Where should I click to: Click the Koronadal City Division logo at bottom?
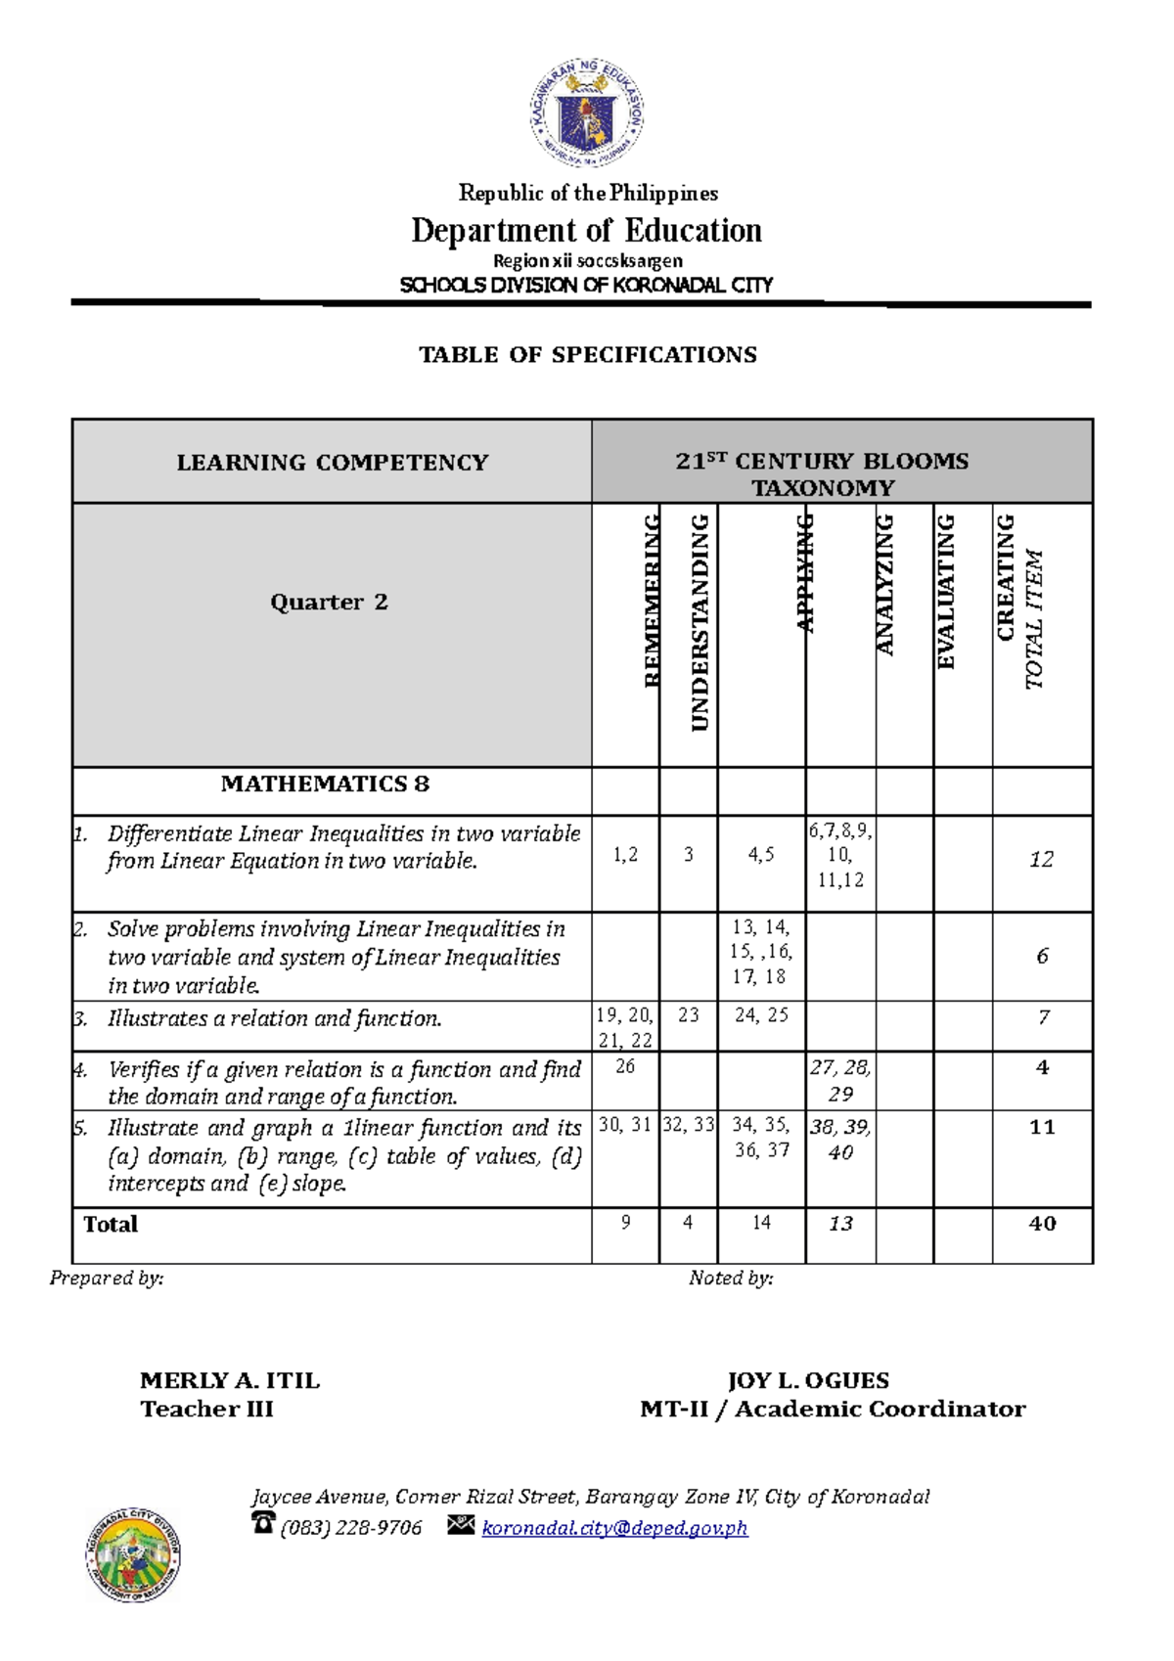(133, 1554)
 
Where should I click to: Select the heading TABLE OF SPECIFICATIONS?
(587, 354)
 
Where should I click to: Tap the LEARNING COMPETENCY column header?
(332, 462)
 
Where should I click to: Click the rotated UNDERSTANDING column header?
(699, 622)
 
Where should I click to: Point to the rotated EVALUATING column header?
(945, 592)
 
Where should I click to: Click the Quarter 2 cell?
(330, 602)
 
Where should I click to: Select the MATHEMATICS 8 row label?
(325, 784)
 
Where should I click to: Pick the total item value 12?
(1041, 859)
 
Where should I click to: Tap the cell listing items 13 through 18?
(761, 952)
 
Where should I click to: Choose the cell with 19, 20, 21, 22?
(624, 1027)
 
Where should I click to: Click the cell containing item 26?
(625, 1066)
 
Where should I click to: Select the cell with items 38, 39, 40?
(840, 1140)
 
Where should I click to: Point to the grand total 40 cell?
(1042, 1224)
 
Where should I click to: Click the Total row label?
(111, 1225)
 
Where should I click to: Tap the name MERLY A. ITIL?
(230, 1380)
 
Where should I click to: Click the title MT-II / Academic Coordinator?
(833, 1409)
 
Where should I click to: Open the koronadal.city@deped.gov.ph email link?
(614, 1527)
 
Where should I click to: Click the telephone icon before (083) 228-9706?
(263, 1522)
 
